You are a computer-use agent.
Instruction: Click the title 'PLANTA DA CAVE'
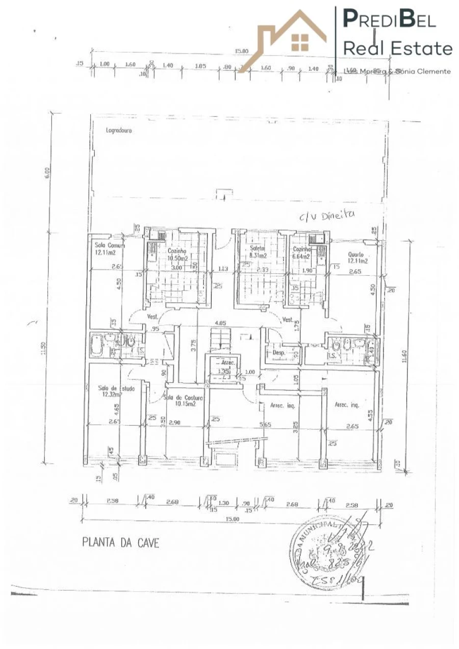click(x=120, y=542)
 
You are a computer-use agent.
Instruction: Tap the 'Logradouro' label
click(x=119, y=130)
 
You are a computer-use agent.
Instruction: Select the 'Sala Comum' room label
click(x=106, y=245)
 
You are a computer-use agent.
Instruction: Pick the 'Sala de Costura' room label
click(x=183, y=398)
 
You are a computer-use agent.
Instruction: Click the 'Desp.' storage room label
click(x=278, y=352)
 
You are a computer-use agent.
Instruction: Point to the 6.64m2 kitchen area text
click(x=301, y=256)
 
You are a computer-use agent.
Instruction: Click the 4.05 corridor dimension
click(x=220, y=323)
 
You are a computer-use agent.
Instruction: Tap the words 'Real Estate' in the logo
click(x=398, y=48)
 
